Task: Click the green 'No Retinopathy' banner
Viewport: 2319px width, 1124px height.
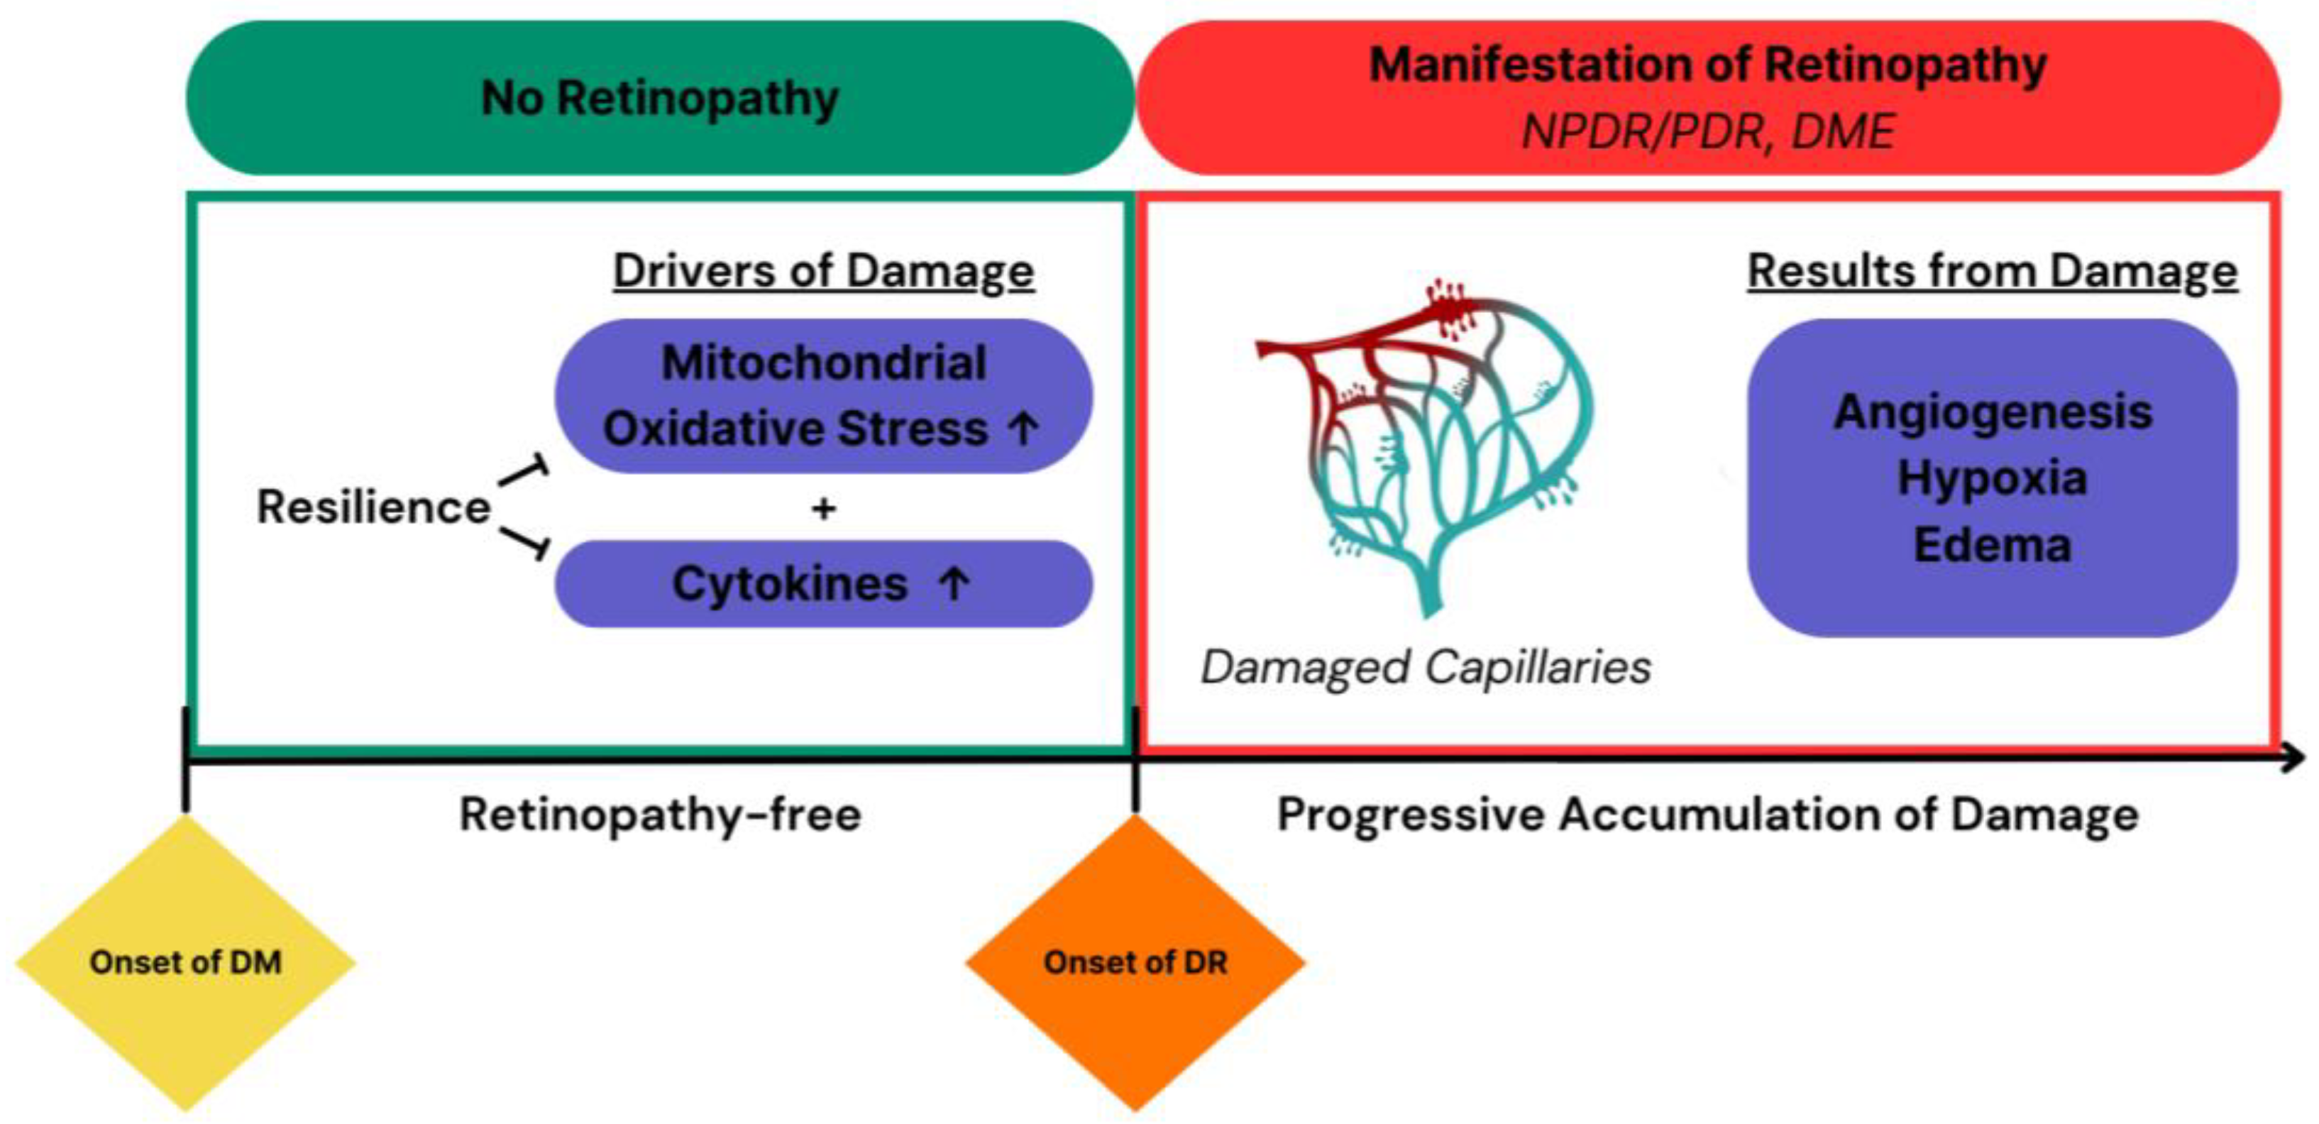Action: pos(659,97)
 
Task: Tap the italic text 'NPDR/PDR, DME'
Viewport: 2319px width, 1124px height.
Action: pos(1708,131)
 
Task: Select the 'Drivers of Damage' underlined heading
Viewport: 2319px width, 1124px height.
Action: pos(823,271)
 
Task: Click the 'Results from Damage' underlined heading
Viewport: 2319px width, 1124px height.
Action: pos(1991,271)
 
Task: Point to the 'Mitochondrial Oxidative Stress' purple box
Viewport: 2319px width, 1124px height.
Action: pos(823,396)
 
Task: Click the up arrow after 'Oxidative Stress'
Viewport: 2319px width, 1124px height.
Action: pos(1023,429)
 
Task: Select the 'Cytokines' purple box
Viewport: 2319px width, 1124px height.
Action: pos(823,584)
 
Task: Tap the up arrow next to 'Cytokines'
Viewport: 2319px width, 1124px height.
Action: pos(953,584)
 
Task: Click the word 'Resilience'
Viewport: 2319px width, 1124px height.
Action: pos(373,507)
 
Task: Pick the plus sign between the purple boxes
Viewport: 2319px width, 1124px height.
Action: pos(823,509)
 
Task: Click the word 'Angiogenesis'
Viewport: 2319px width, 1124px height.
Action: pos(1992,412)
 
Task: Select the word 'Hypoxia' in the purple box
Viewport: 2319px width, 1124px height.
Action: pos(1992,478)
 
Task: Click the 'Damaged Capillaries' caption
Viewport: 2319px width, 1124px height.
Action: pos(1425,668)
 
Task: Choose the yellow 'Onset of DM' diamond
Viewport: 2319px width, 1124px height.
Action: pos(185,962)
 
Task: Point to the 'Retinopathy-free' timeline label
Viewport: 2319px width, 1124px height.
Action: pos(660,815)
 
